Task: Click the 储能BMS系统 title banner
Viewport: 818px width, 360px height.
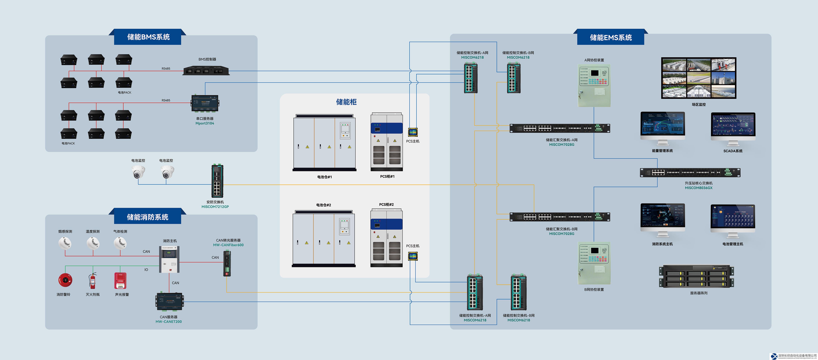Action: (148, 37)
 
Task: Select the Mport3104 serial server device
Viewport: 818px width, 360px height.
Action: (205, 104)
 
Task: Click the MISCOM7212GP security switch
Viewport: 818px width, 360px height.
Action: (217, 181)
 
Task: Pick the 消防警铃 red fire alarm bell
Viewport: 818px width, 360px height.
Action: (65, 280)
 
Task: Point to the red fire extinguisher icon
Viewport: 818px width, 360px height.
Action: (92, 281)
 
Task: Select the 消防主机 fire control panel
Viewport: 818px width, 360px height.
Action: (169, 259)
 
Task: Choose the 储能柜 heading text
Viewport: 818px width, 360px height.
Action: (346, 102)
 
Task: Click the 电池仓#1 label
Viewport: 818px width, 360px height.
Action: (324, 177)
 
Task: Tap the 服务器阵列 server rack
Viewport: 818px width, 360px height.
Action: (696, 276)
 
